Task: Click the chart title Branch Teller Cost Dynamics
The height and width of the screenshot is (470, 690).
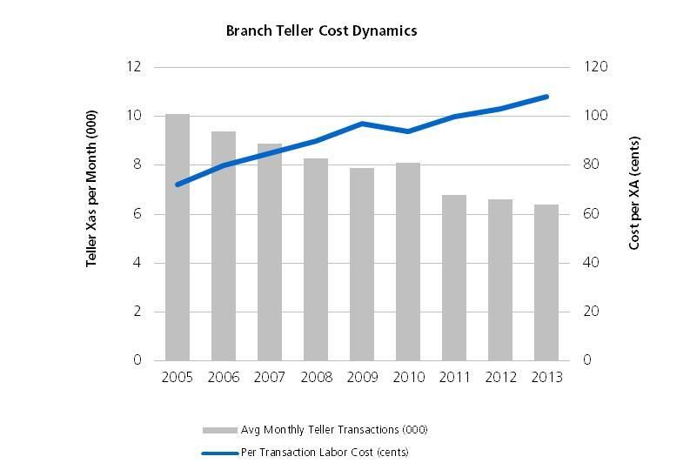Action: [321, 31]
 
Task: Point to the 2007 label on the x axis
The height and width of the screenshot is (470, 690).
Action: [270, 378]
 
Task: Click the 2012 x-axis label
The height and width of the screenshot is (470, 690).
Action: [500, 378]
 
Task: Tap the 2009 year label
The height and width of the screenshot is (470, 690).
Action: [362, 378]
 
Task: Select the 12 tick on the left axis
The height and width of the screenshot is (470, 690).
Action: [136, 67]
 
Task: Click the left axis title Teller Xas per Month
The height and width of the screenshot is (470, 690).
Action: [91, 189]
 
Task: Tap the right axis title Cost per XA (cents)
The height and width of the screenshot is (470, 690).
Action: [634, 192]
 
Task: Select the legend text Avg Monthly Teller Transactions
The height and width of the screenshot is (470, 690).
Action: [334, 430]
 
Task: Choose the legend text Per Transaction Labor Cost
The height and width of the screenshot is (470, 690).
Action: [325, 453]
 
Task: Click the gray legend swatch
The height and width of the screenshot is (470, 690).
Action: [219, 430]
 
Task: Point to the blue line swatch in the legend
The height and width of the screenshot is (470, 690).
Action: [219, 453]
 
